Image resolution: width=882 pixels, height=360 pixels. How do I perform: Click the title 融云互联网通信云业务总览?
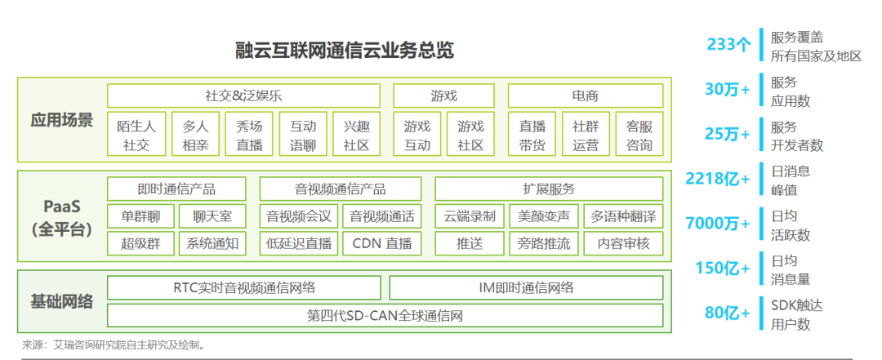343,51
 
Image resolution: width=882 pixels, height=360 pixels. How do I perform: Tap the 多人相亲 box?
194,136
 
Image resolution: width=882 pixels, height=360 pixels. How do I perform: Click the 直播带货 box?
532,136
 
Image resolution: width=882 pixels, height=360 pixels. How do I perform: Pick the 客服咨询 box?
639,136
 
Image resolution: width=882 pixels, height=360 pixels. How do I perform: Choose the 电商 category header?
585,96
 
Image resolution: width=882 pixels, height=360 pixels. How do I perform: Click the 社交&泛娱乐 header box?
243,96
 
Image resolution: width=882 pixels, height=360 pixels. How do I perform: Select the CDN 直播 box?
381,242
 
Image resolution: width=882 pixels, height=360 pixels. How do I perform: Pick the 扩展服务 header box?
548,189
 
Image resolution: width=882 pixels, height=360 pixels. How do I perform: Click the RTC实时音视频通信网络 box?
243,287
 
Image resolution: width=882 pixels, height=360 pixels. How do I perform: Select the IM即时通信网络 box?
525,287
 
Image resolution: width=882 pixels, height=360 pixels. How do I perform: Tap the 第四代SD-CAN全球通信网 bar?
384,314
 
